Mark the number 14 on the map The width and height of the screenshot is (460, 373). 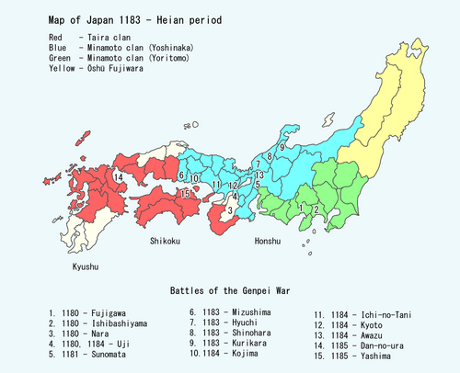pyautogui.click(x=119, y=176)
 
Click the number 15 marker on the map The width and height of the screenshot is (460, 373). pyautogui.click(x=185, y=194)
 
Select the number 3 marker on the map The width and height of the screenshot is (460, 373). pyautogui.click(x=229, y=211)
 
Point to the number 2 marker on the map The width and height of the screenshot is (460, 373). pyautogui.click(x=316, y=209)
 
